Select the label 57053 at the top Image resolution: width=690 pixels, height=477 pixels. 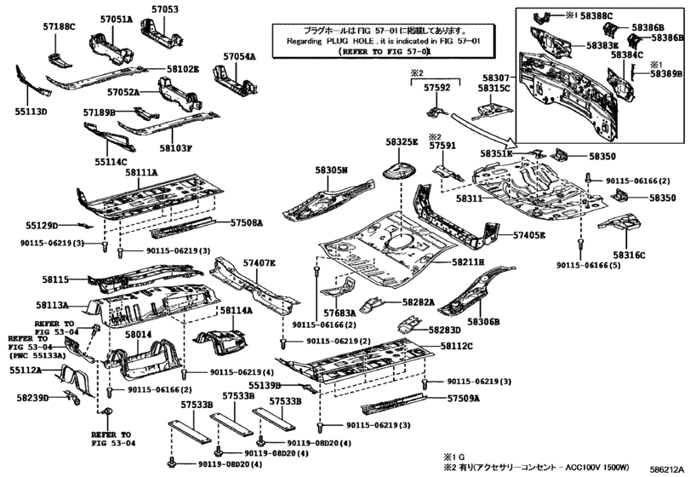tap(166, 9)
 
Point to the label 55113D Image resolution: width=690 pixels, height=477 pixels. tap(30, 112)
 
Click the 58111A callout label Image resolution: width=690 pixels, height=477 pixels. tap(141, 173)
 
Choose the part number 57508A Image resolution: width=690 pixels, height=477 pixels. tap(247, 222)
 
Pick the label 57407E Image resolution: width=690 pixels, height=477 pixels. tap(259, 263)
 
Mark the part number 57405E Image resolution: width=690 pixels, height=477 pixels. tap(529, 234)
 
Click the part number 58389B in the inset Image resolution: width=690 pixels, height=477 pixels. tap(667, 75)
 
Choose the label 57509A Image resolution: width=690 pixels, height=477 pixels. tap(464, 398)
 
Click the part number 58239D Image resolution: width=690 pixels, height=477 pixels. tap(31, 397)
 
